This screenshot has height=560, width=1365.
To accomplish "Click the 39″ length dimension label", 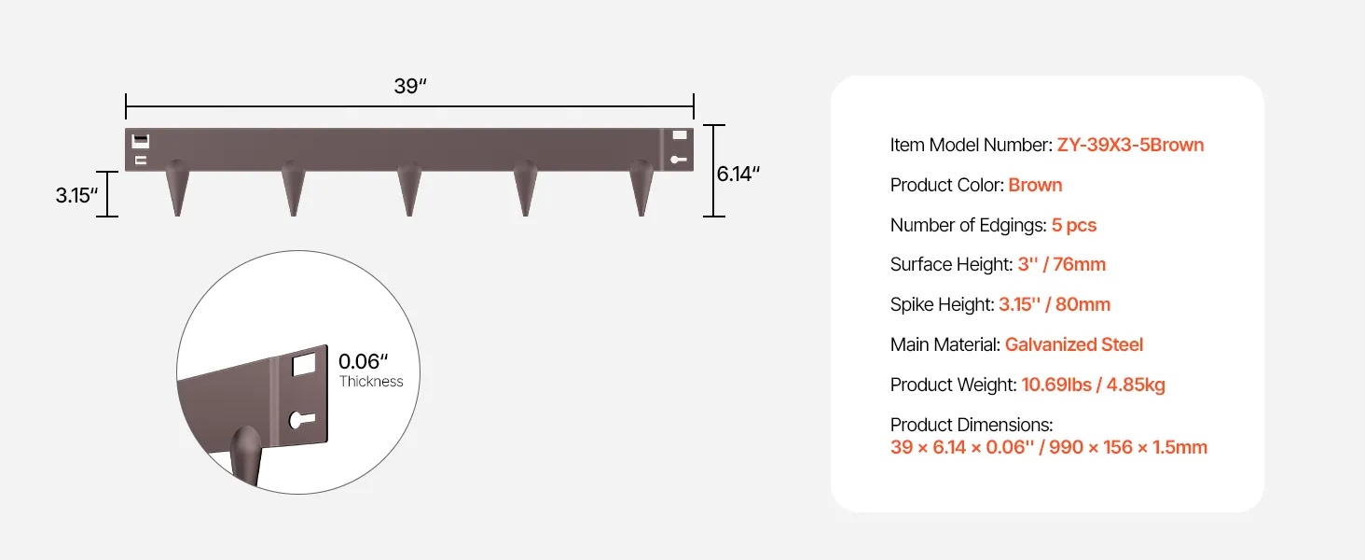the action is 410,86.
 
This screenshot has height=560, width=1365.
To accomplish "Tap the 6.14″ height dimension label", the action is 738,174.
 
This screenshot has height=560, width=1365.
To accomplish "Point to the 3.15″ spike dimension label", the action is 76,195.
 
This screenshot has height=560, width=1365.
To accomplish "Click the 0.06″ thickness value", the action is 364,361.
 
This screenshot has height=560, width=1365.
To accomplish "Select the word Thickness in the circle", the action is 371,381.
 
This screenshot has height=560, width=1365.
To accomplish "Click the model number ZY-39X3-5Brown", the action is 1130,145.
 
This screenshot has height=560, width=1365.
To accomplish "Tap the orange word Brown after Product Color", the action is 1035,185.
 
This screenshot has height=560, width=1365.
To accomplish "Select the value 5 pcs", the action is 1074,225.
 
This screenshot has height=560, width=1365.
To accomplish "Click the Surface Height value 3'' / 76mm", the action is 1062,264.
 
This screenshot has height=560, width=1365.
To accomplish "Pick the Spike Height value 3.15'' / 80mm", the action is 1055,304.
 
